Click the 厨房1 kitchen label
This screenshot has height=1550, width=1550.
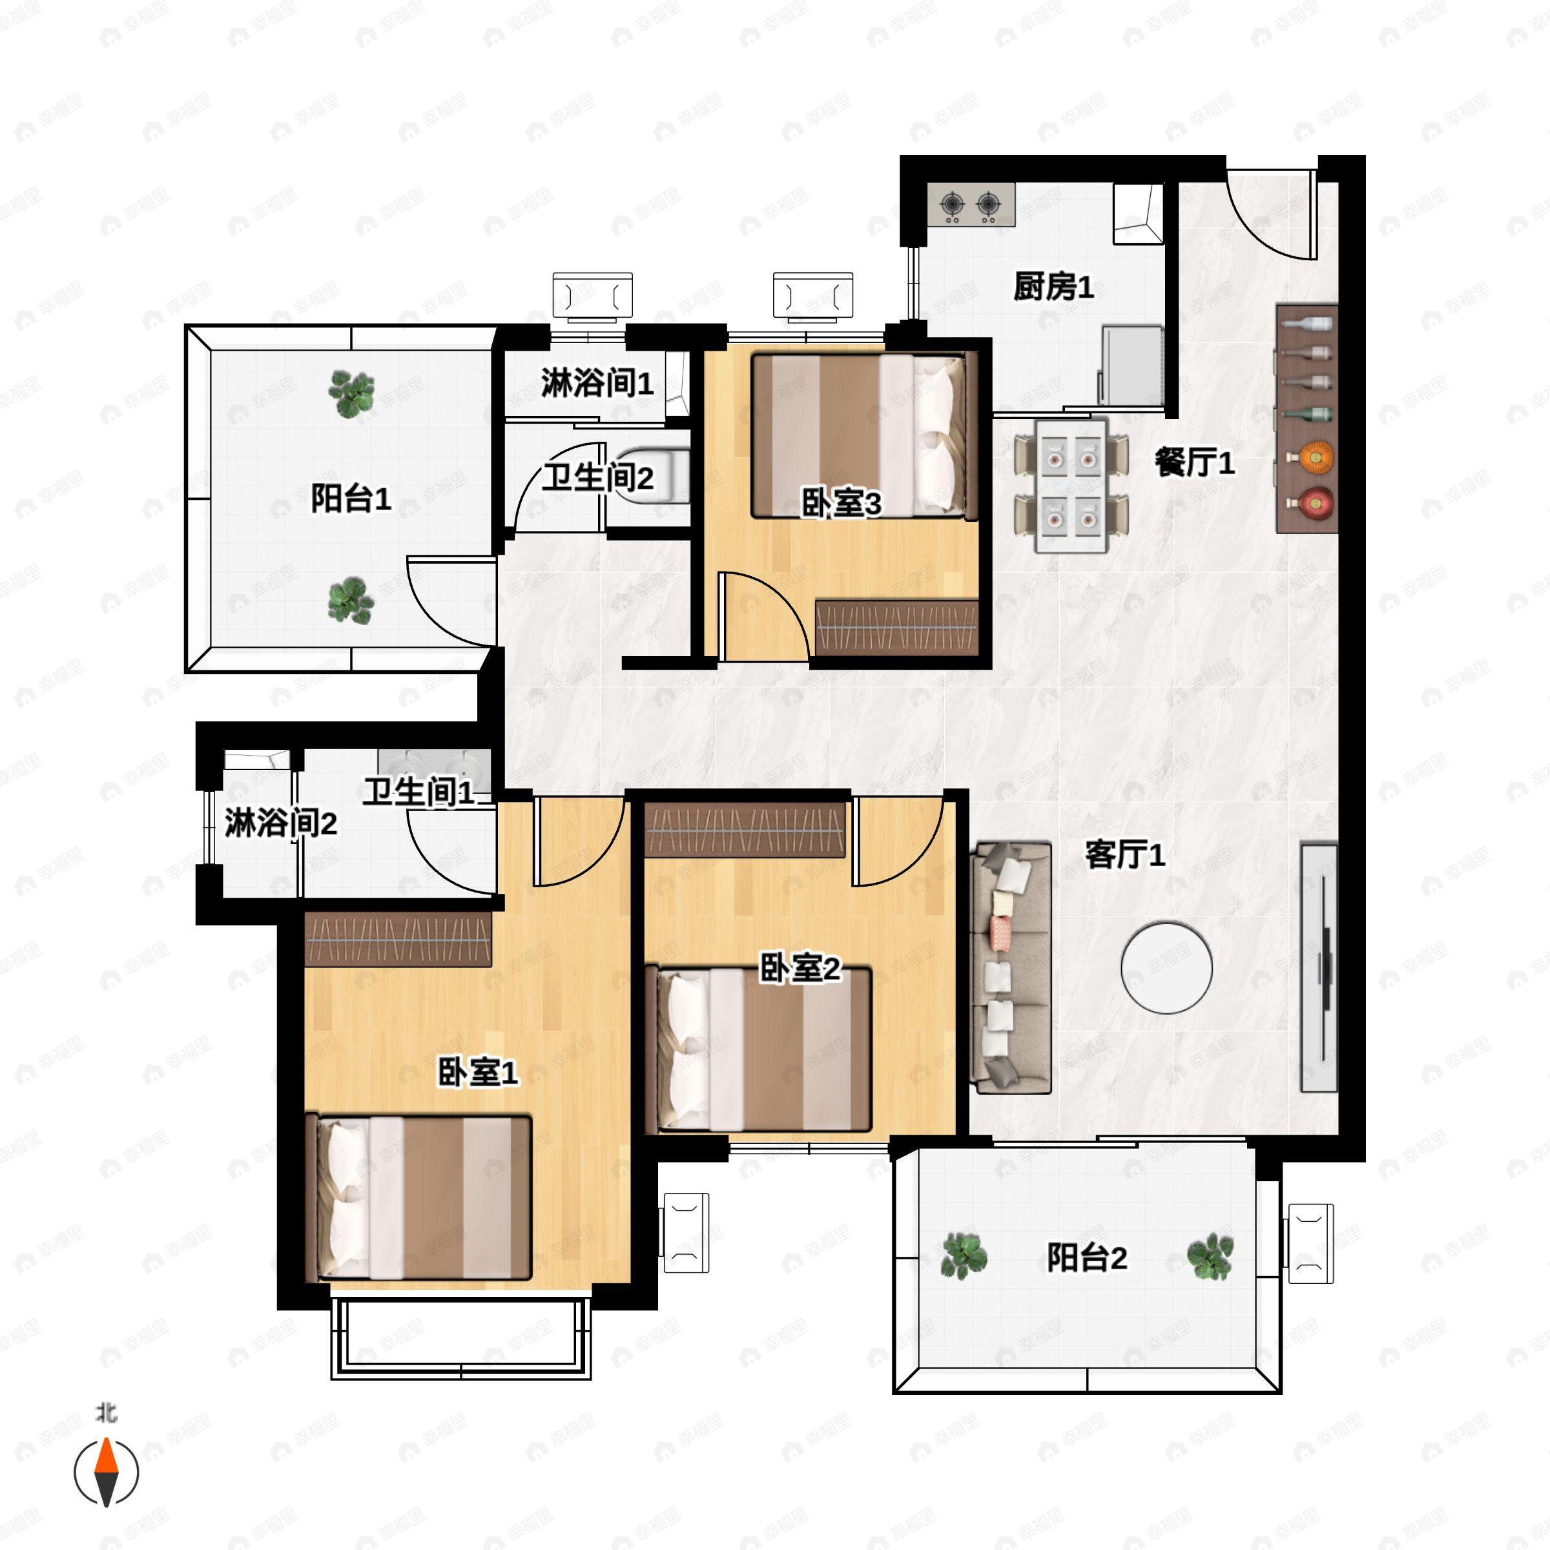click(1053, 286)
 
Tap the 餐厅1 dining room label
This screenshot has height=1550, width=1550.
click(1195, 462)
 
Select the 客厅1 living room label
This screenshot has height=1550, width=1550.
click(1125, 855)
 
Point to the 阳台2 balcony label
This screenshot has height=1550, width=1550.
click(1087, 1257)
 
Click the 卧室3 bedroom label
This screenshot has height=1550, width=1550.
click(842, 503)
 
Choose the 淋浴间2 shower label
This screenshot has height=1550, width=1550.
click(280, 823)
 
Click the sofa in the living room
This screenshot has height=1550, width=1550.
click(1011, 967)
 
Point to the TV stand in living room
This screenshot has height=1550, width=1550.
click(1319, 967)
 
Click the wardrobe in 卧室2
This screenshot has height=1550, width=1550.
click(745, 829)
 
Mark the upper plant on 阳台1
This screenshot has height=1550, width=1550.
click(351, 394)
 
